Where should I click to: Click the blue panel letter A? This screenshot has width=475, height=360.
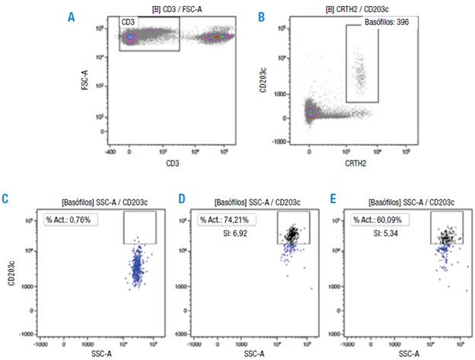pyautogui.click(x=72, y=16)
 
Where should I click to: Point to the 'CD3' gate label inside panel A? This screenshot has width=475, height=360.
pyautogui.click(x=129, y=24)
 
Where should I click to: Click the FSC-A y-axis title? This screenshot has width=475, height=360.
pyautogui.click(x=84, y=78)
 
